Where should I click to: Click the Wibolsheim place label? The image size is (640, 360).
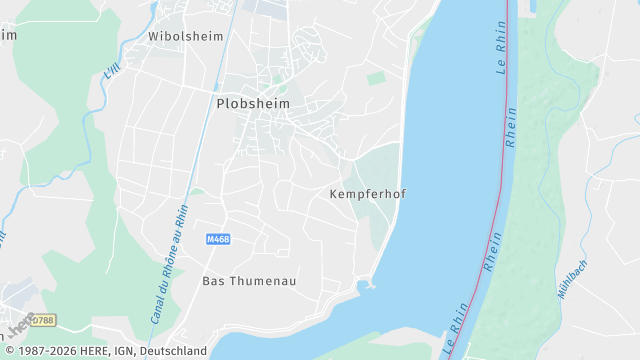coord(185,35)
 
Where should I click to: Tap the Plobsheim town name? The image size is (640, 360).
coord(252,102)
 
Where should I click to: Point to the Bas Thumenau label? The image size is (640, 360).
coord(249,281)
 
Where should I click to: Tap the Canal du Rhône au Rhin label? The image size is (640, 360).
coord(169,263)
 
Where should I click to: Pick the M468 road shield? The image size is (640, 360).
coord(218,239)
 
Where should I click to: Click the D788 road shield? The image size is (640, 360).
coord(42,320)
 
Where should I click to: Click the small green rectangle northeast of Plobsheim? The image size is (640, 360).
coord(376,77)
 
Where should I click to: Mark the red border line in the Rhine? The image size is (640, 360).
coord(503,170)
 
